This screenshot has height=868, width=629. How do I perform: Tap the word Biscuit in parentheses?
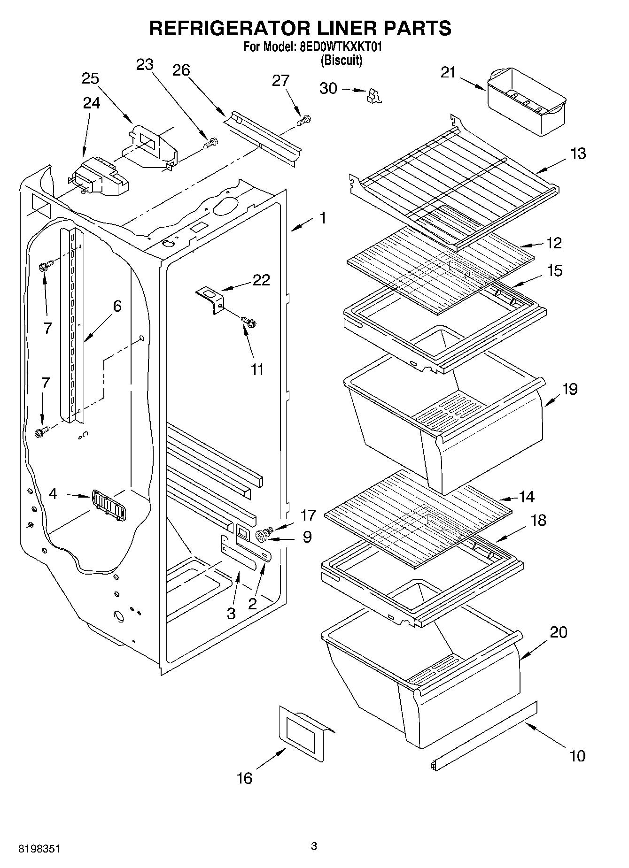pyautogui.click(x=342, y=61)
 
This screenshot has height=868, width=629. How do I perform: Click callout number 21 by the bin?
pyautogui.click(x=448, y=72)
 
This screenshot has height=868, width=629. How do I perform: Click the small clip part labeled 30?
pyautogui.click(x=373, y=95)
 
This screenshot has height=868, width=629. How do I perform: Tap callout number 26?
pyautogui.click(x=181, y=70)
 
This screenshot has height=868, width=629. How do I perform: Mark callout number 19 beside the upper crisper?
pyautogui.click(x=570, y=389)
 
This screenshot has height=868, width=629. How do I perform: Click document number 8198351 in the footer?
pyautogui.click(x=39, y=849)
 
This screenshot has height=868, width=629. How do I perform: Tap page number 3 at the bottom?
pyautogui.click(x=314, y=846)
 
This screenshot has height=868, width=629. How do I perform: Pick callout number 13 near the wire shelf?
pyautogui.click(x=578, y=154)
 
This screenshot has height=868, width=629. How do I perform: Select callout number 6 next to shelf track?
pyautogui.click(x=117, y=306)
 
